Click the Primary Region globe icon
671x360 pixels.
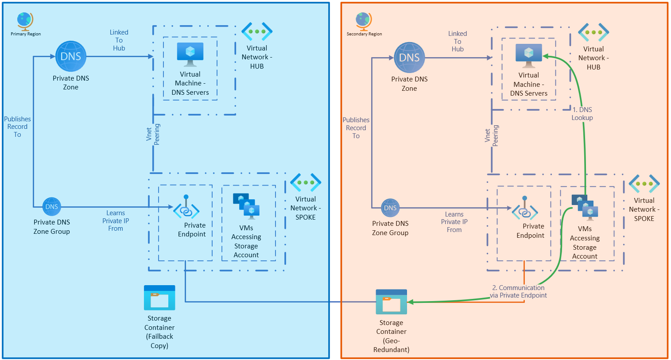coord(25,21)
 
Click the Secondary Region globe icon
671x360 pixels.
coord(363,21)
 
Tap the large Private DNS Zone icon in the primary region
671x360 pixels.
coord(71,57)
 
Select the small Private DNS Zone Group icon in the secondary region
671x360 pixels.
coord(390,208)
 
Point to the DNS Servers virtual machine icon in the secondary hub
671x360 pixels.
coord(528,55)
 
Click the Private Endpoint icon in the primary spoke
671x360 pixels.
coord(186,208)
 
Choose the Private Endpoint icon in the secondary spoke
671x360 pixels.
coord(525,209)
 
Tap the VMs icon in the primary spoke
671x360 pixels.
coord(246,206)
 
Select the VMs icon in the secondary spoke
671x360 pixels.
coord(585,207)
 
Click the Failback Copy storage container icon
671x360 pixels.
coord(159,298)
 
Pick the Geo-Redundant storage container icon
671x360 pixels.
coord(391,302)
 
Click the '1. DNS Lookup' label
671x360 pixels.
coord(582,114)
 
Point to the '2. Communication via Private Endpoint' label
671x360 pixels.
coord(519,291)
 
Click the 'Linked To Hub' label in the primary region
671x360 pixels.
coord(119,40)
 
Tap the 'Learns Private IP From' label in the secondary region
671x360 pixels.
coord(454,222)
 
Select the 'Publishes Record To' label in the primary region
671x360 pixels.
coord(17,127)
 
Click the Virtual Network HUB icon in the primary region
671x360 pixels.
coord(257,31)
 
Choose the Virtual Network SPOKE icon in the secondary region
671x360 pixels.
coord(644,184)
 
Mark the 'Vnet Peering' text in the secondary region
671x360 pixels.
coord(492,135)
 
